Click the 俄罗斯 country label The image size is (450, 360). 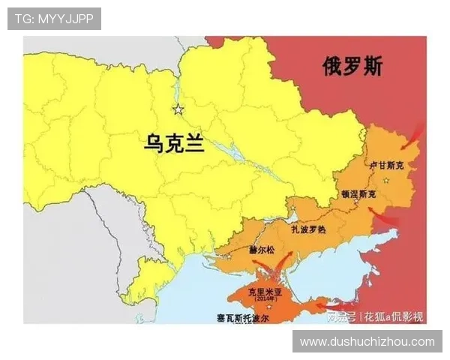click(352, 67)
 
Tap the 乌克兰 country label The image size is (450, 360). click(174, 142)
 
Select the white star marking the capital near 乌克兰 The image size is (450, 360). click(178, 110)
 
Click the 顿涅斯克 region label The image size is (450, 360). click(359, 193)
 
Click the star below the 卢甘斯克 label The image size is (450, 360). click(385, 181)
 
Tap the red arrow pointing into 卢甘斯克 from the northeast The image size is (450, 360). click(412, 139)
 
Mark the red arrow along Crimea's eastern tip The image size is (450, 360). click(330, 304)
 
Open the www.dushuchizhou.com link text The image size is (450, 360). click(367, 341)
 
